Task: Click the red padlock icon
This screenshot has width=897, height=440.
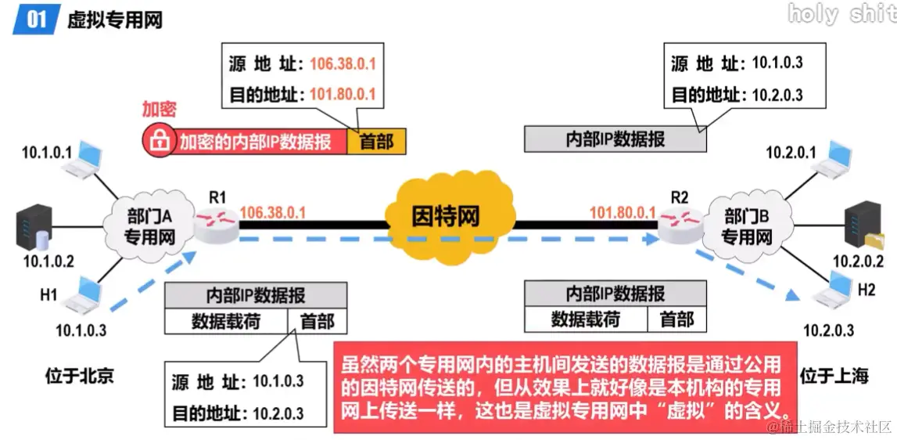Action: tap(159, 141)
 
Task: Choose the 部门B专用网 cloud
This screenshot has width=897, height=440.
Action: tap(746, 225)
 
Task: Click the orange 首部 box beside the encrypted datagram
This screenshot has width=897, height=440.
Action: tap(376, 142)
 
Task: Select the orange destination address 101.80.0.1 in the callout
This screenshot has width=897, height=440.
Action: tap(343, 95)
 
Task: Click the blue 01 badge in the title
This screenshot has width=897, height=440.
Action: tap(36, 19)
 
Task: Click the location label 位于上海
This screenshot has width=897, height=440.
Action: tap(834, 376)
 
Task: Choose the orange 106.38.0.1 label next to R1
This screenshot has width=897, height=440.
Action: tap(272, 212)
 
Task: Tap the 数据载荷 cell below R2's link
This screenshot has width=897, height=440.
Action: tap(585, 319)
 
